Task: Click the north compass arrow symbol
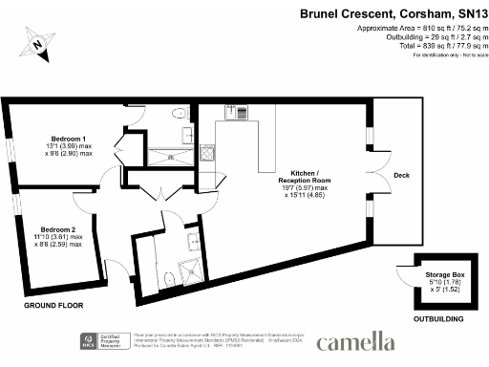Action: [38, 43]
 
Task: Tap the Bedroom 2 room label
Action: [60, 229]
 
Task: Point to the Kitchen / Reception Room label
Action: [305, 176]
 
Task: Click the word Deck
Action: [401, 175]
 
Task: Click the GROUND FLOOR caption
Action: [53, 306]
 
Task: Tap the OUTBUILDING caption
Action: [438, 319]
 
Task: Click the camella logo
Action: [355, 341]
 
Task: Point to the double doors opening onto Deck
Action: [372, 176]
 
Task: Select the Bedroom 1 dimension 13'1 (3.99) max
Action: [69, 145]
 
